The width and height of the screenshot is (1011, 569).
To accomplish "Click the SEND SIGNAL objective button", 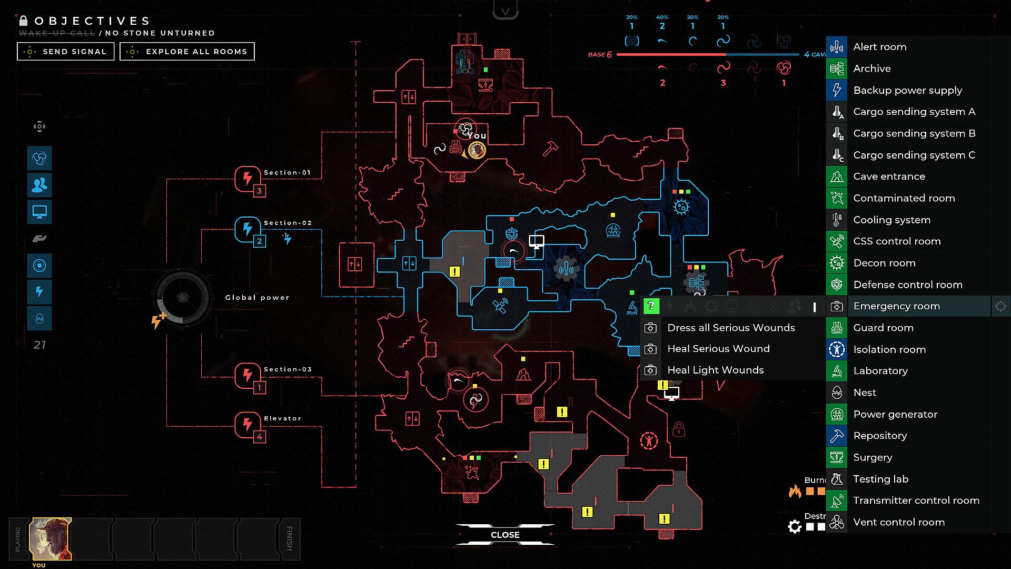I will point(66,52).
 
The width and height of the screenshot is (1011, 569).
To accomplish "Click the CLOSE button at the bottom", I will point(505,535).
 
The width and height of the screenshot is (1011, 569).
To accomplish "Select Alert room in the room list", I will point(879,47).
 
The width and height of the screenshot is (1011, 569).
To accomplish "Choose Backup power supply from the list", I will point(907,90).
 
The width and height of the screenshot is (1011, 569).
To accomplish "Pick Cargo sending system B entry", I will point(914,133).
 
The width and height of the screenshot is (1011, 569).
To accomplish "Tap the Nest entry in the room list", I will point(865,393).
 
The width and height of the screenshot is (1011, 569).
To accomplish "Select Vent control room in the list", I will point(898,522).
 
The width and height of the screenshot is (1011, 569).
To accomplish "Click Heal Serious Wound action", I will point(718,349).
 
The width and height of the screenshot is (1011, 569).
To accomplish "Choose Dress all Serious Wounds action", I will point(731,328).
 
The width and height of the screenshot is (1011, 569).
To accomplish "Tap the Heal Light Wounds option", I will point(715,370).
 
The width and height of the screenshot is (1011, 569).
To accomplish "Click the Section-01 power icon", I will point(247,179).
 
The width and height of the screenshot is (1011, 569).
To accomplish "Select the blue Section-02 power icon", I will point(247,229).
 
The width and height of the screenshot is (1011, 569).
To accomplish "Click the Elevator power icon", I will point(247,424).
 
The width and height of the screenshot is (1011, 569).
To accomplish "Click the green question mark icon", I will point(651,306).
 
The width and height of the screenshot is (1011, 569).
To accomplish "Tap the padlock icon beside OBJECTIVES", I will point(23,21).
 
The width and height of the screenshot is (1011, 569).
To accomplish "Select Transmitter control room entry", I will point(916,501).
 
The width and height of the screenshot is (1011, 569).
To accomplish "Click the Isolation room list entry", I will point(889,349).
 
